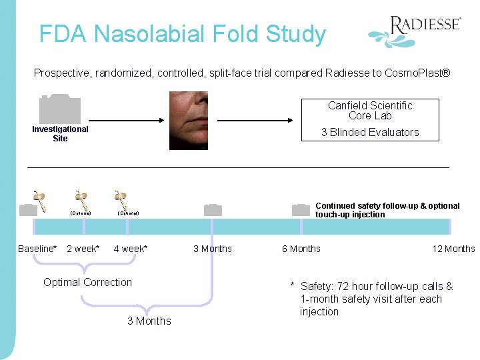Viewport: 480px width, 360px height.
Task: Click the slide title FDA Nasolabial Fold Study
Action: point(182,34)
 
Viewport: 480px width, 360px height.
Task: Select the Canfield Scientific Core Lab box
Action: point(370,119)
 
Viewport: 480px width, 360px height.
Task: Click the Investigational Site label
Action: point(60,133)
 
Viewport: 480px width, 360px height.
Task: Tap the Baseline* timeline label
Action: point(37,249)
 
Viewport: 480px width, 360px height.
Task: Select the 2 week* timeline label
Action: point(83,249)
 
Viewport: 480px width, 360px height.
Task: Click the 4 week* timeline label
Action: point(131,249)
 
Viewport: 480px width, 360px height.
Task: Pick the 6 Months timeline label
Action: point(301,249)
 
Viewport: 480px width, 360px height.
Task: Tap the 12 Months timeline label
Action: point(453,249)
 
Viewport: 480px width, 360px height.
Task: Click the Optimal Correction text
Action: point(87,282)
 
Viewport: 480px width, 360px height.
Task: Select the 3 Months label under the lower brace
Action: point(149,321)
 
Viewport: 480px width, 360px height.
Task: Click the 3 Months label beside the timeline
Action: point(213,249)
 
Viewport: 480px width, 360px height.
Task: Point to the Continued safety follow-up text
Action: point(387,210)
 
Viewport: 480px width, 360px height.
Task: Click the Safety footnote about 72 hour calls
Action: point(373,299)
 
